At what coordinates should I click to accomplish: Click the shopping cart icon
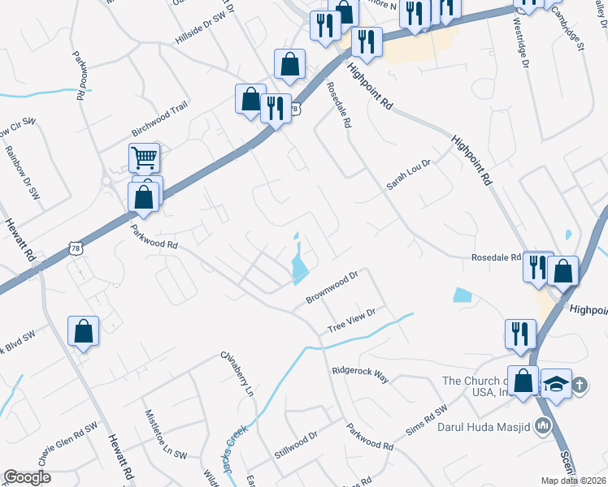[x=144, y=158]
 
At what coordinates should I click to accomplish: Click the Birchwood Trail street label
[x=160, y=121]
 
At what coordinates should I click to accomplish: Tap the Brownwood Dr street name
[x=332, y=288]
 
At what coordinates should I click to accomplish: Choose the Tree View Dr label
[x=351, y=319]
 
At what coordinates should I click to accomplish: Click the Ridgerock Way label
[x=360, y=373]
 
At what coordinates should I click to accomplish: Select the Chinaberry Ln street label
[x=239, y=373]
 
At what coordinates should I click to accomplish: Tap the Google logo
[x=27, y=476]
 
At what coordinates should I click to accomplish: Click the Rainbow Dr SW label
[x=23, y=171]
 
